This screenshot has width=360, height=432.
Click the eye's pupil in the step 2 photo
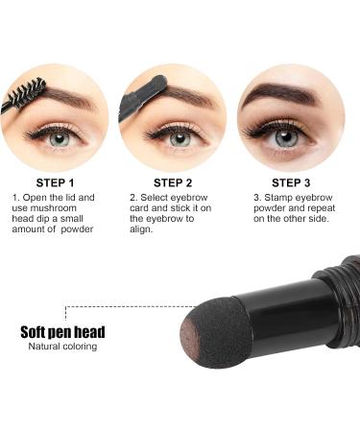(179, 138)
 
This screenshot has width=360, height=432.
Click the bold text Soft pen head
(63, 332)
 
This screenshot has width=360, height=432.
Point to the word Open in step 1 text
(36, 198)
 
